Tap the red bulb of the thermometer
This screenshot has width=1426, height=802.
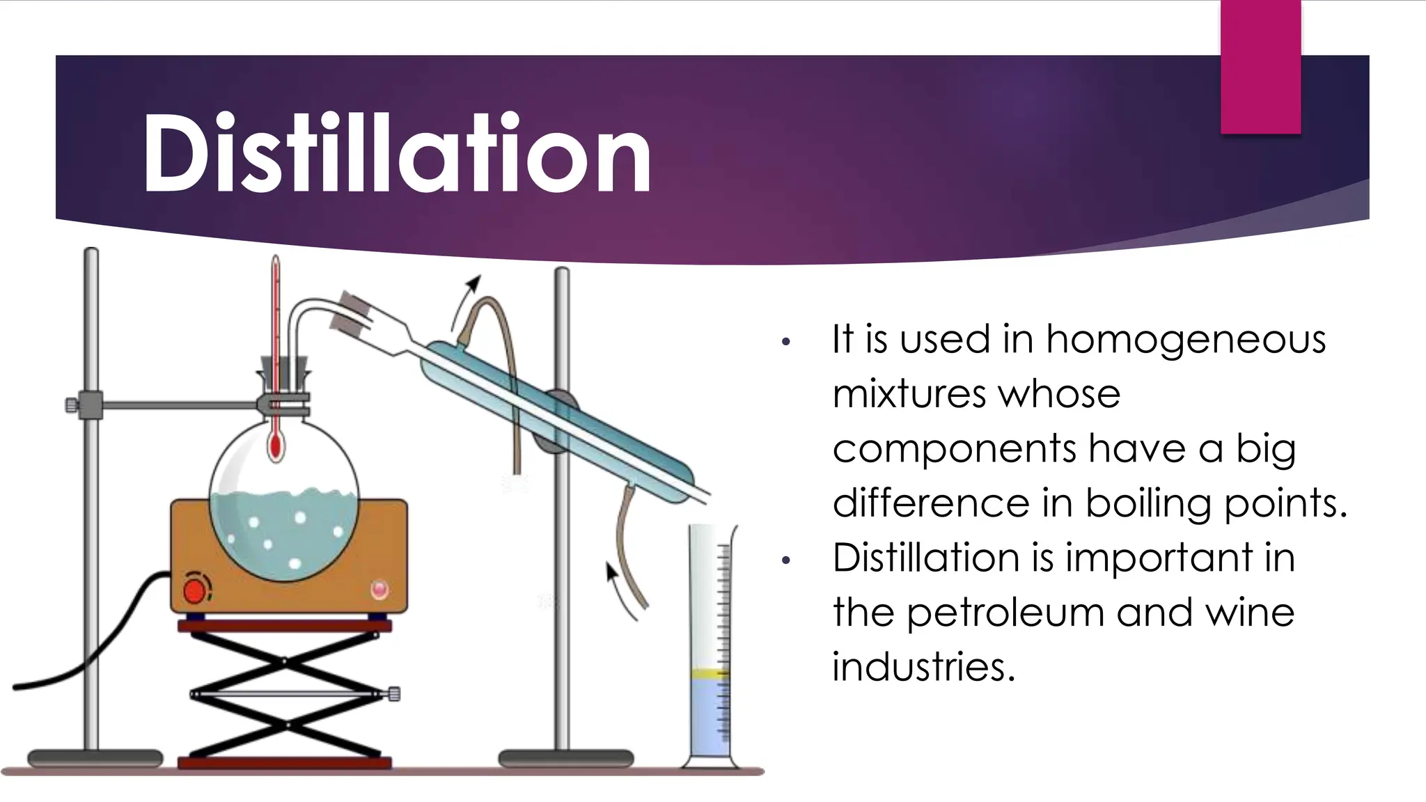point(276,446)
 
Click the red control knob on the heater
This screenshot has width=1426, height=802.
point(195,591)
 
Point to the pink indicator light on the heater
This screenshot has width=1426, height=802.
point(379,589)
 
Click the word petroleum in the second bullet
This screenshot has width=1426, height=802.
point(1005,613)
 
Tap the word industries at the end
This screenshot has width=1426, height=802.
point(923,667)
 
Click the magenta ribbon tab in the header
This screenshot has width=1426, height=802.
point(1260,67)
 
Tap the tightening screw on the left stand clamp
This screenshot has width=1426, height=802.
point(71,404)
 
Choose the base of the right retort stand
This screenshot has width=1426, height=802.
point(566,758)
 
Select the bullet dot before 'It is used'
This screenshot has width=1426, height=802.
point(786,343)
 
